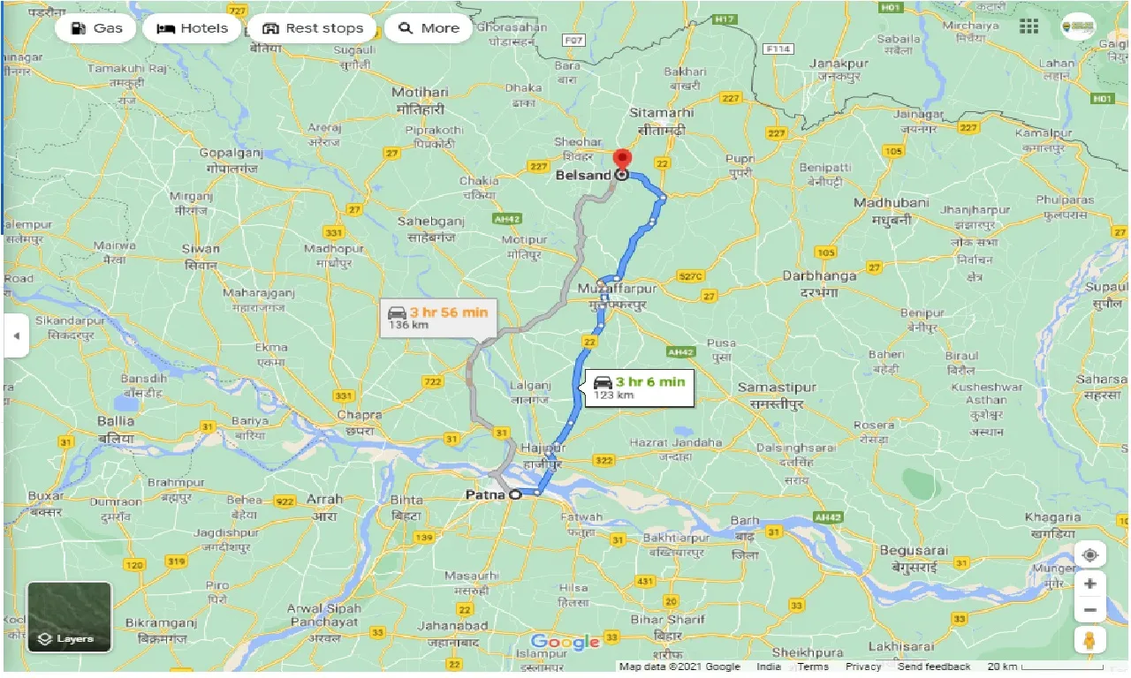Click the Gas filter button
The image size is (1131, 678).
coord(95,28)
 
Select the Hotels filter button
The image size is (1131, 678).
coord(191,28)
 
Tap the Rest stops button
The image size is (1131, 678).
coord(312,28)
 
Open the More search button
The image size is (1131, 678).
coord(429,28)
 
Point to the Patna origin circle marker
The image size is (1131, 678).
coord(515,495)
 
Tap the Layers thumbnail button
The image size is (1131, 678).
coord(70,616)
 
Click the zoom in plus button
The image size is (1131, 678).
coord(1090,584)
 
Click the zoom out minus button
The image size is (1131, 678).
coord(1090,610)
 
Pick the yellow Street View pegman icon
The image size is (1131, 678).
coord(1090,643)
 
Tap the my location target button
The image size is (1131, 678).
coord(1090,554)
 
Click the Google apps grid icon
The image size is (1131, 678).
coord(1029,26)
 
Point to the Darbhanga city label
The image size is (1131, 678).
coord(819,276)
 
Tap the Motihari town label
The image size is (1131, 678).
coord(421,93)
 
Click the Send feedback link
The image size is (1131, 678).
coord(933,667)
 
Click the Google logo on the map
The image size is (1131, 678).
coord(565,642)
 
